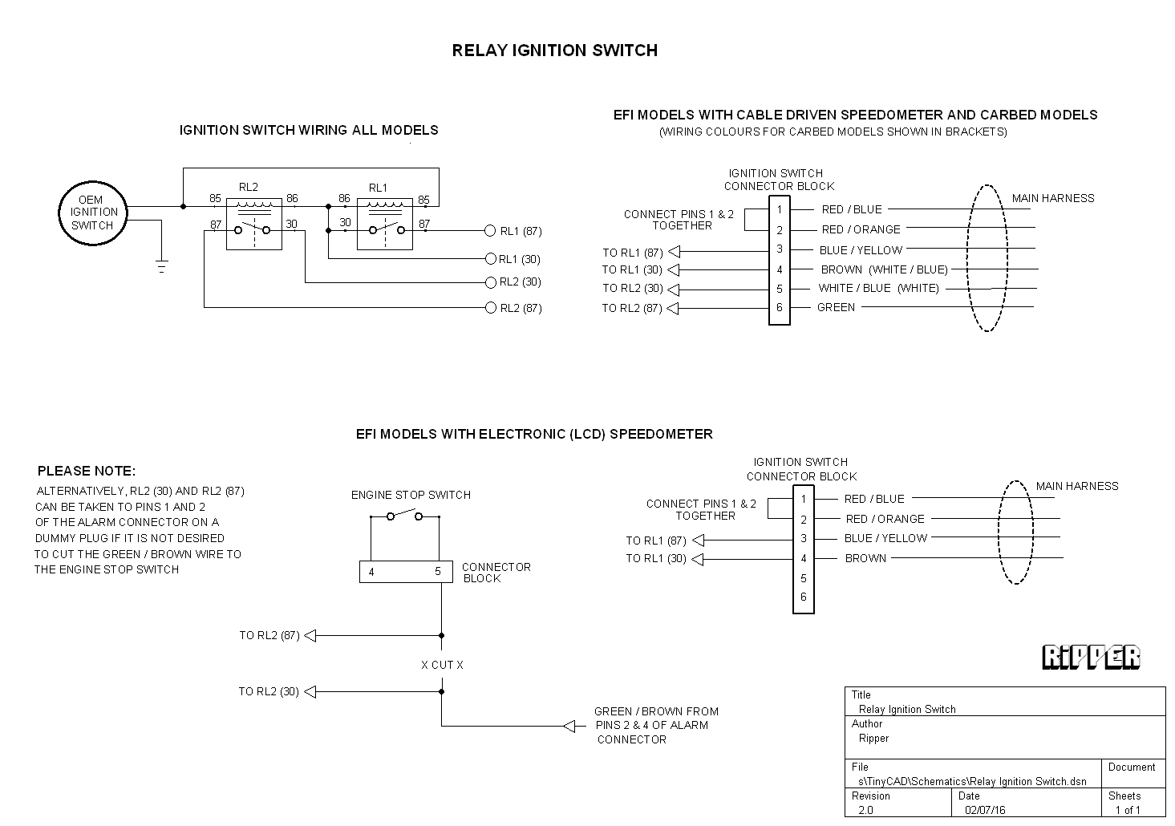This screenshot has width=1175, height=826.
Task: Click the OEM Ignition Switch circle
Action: point(92,213)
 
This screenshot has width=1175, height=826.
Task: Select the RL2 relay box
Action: point(253,224)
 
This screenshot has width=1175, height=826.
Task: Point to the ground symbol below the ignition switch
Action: point(161,266)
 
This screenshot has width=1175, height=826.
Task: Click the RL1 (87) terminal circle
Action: point(490,231)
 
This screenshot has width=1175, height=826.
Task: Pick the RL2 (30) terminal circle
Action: point(490,282)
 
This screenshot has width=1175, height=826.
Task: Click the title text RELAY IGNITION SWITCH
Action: point(554,51)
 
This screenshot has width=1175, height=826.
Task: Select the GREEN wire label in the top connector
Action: point(836,307)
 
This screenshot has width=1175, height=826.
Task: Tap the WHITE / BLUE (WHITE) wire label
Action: point(878,288)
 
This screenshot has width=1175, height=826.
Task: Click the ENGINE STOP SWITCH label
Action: point(411,495)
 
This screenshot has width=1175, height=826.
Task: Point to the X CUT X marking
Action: point(442,665)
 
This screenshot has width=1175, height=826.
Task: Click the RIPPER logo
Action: point(1091,657)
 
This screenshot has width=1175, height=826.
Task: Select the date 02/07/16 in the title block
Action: point(985,810)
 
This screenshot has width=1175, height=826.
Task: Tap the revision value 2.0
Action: point(866,810)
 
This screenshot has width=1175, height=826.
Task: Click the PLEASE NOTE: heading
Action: point(87,471)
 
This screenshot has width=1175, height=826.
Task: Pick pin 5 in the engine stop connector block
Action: point(438,572)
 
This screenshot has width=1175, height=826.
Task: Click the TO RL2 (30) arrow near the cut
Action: point(310,691)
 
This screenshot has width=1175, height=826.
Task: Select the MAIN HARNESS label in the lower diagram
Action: point(1076,486)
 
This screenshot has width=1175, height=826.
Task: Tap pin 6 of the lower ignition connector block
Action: point(803,597)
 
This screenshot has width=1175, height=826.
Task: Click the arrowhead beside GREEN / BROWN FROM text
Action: point(569,727)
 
